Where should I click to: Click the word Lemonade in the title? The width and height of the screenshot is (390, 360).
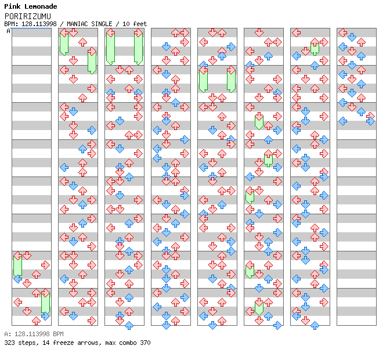point(41,6)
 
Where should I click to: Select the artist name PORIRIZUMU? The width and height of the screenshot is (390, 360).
point(28,16)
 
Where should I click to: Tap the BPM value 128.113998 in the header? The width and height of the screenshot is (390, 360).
point(39,24)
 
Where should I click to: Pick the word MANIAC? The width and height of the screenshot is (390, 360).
point(77,24)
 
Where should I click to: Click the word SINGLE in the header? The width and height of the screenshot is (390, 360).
point(102,24)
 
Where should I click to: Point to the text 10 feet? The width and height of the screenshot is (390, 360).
point(135,24)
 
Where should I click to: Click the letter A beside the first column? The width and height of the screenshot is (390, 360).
point(8,31)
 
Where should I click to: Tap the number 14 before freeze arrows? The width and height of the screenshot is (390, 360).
point(46,343)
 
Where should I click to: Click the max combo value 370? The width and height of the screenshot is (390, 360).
point(145,343)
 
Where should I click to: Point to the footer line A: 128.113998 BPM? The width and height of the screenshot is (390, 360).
point(34,334)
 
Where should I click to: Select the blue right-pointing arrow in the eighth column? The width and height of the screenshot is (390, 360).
point(370,121)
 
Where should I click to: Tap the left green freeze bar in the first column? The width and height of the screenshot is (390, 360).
point(17,266)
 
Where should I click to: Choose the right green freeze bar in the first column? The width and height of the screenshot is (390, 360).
point(45,303)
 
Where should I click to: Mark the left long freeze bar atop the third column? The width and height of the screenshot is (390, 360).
point(110,48)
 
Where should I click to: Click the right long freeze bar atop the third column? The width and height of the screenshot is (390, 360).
point(138,48)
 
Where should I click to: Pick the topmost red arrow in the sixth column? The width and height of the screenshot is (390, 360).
point(259,33)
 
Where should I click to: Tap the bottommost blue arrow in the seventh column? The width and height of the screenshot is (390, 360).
point(315,325)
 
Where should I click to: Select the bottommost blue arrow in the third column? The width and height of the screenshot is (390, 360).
point(129,325)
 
